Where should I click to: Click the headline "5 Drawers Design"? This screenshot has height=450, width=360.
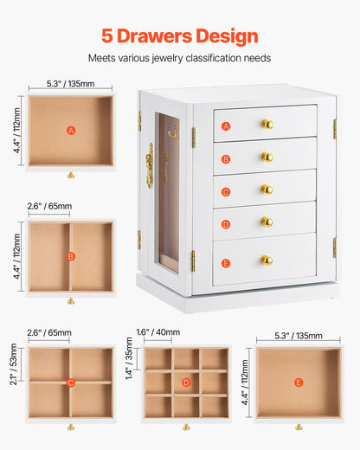[x=180, y=35]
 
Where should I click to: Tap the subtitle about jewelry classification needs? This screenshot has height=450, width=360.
[x=180, y=58]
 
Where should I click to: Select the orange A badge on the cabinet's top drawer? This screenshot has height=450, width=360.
[x=226, y=126]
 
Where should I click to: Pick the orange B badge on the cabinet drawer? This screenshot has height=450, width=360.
[x=226, y=158]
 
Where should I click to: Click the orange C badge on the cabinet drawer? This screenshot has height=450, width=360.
[x=226, y=191]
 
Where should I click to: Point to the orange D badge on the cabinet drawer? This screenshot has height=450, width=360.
[x=226, y=224]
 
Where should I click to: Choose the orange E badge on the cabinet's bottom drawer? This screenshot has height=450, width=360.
[x=226, y=262]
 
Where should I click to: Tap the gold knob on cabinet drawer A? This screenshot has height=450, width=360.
[x=267, y=124]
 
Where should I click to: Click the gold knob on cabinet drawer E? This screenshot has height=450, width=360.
[x=267, y=260]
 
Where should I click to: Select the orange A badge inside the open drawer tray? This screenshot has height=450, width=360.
[x=71, y=131]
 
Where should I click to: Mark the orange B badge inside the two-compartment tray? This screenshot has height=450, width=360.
[x=71, y=256]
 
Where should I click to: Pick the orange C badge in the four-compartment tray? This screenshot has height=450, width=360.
[x=71, y=382]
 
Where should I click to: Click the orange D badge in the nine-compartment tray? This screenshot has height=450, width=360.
[x=186, y=382]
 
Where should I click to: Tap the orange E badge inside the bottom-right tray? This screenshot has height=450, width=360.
[x=299, y=382]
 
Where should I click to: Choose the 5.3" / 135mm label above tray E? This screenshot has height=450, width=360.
[x=299, y=337]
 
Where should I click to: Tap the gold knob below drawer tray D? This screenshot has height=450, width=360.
[x=186, y=427]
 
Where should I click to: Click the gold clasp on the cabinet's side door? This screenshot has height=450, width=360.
[x=150, y=165]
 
